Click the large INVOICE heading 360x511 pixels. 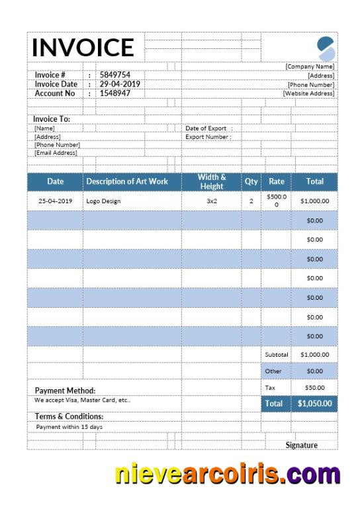(83, 47)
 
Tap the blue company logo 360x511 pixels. (326, 48)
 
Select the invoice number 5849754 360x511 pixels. (114, 75)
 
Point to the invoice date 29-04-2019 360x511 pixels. (120, 84)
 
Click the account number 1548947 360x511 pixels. (115, 93)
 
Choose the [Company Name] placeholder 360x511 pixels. (310, 66)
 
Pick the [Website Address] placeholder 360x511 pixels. (308, 93)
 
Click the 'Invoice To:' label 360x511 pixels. (52, 119)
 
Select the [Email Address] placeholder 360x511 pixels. (56, 153)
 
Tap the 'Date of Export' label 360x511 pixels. (206, 128)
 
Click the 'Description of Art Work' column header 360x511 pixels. (127, 181)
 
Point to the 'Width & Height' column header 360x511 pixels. (212, 181)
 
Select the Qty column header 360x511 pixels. (251, 181)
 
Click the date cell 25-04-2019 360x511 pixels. (55, 201)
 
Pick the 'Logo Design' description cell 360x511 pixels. (103, 201)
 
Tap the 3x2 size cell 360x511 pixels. (212, 201)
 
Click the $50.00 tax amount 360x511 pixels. (314, 387)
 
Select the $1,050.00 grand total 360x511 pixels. (314, 402)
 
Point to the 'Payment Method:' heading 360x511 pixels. (65, 391)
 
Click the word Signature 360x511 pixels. (301, 445)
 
